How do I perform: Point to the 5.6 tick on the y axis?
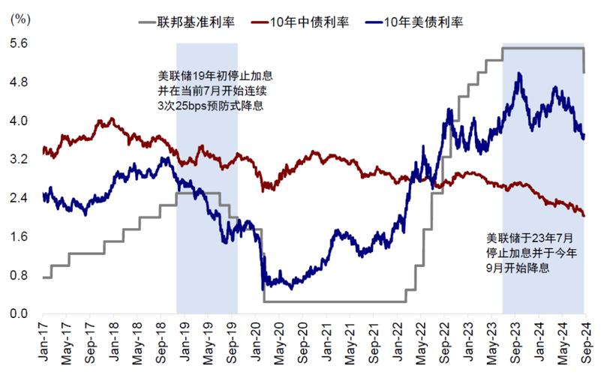18,43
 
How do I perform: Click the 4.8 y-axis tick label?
18,82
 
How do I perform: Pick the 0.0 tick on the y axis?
18,314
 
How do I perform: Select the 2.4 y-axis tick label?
18,199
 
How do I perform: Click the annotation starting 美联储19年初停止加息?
209,75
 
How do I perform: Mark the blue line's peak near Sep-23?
518,73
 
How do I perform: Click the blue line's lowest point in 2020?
263,289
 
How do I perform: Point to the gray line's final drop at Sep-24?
584,61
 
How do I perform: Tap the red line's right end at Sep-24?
584,215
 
